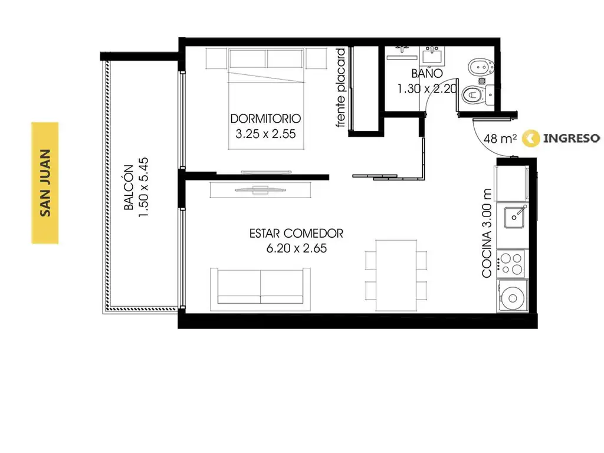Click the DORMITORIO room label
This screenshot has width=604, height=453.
[265, 118]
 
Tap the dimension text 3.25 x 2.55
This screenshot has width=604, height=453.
[265, 134]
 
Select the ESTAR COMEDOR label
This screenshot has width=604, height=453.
[296, 234]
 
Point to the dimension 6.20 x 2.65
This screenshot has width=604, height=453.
[297, 248]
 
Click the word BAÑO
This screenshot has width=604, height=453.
[427, 73]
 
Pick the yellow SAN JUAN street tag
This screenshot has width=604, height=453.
[45, 183]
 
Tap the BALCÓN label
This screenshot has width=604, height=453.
[129, 188]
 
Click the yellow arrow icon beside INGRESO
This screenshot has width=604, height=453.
[530, 138]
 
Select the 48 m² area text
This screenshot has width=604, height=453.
[500, 138]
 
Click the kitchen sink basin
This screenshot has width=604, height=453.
[514, 217]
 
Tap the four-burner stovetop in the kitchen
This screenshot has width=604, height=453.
[511, 264]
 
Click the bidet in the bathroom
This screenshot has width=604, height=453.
[480, 68]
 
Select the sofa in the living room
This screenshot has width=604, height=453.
[260, 289]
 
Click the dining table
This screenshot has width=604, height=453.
[396, 275]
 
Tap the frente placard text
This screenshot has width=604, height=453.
[341, 88]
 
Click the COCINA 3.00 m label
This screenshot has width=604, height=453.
[487, 233]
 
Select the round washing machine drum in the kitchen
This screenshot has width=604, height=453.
[513, 298]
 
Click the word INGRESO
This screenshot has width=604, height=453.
[571, 138]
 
